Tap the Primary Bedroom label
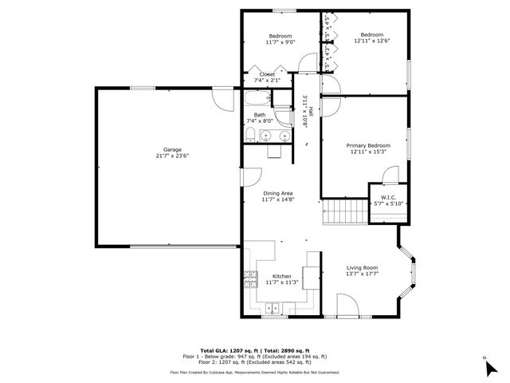click(x=368, y=145)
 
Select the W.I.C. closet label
click(x=389, y=198)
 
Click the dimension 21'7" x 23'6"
click(x=167, y=156)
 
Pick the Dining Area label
click(x=278, y=193)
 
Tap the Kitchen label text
click(x=281, y=276)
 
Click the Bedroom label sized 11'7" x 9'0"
click(x=280, y=36)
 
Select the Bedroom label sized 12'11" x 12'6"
click(x=372, y=35)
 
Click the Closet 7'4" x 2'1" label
click(x=267, y=74)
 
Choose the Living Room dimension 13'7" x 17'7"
click(x=362, y=274)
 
